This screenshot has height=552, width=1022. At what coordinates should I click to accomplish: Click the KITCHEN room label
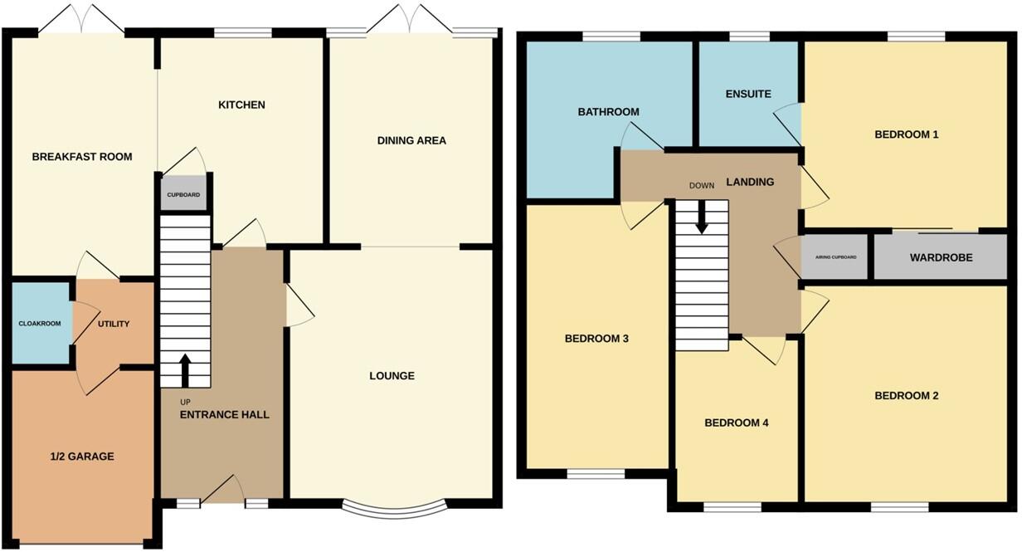coord(241,105)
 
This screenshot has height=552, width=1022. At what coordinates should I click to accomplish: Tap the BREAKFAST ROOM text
coord(82,157)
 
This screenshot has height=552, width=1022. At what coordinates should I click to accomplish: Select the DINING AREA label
coord(411,141)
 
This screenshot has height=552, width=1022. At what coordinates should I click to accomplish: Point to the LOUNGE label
coord(392,376)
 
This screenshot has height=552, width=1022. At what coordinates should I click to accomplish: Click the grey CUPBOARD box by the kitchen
coord(183,195)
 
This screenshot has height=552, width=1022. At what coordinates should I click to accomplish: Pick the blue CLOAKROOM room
coord(40,324)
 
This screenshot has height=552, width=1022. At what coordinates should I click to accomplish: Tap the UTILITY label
coord(114,324)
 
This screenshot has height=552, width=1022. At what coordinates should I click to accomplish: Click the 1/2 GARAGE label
coord(80,457)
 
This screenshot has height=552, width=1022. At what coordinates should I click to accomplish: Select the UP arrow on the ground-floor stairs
coord(185,371)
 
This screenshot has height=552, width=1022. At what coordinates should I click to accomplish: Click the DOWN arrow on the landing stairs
coord(702,217)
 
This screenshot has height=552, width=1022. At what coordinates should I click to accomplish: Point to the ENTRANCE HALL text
coord(225,414)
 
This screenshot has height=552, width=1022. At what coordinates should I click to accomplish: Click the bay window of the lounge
coord(394,508)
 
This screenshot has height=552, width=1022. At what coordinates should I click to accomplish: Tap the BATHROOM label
coord(609,112)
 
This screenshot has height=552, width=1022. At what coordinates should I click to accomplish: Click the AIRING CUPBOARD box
coord(835,257)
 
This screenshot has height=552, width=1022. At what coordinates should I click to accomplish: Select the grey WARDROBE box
coord(940,258)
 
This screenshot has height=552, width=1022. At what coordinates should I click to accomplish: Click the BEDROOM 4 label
coord(737,423)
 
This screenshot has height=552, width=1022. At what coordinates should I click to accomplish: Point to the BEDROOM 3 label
coord(596,339)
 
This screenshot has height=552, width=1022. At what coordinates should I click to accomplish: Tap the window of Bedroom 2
coord(899,506)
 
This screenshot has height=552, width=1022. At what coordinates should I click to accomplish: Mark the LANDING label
coord(750,182)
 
